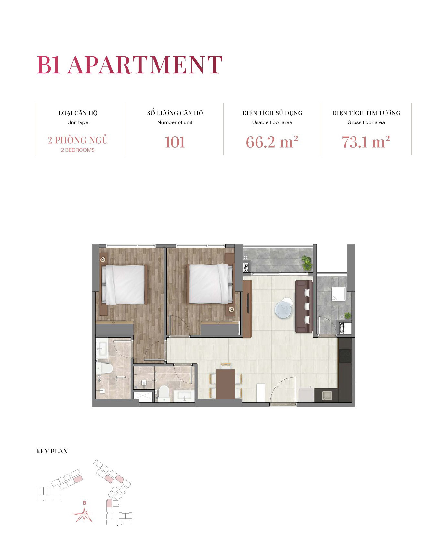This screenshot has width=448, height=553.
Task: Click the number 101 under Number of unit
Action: (175, 142)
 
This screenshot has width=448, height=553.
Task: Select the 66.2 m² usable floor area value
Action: (272, 142)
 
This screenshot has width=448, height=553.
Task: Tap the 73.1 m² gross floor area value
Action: (366, 142)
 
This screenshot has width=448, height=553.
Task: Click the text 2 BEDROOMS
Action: (78, 150)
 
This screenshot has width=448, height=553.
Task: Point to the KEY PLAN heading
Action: (52, 451)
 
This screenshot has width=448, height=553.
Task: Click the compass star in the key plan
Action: (83, 515)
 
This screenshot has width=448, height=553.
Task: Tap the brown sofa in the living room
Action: (304, 306)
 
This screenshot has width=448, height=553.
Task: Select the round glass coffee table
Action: (284, 308)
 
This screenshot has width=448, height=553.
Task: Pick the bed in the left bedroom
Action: (123, 285)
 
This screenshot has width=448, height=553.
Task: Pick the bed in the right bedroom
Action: (211, 284)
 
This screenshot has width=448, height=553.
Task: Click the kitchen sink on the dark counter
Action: (327, 395)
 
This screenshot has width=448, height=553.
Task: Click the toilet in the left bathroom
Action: (104, 368)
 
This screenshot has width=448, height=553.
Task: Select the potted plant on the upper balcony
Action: (306, 263)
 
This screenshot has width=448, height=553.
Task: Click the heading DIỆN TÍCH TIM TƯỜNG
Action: (366, 113)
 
